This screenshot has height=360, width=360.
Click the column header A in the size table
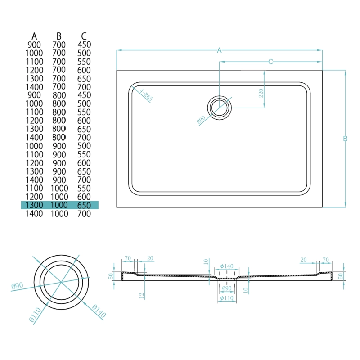coord(34,36)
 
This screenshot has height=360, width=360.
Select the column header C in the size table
coord(84,36)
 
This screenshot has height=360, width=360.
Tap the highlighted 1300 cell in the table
coord(34,205)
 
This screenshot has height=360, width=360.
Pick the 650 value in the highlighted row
coord(84,205)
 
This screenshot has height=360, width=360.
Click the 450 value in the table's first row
coord(84,45)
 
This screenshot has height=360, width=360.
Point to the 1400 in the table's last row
coord(34,214)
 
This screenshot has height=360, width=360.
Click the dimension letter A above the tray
coord(220,51)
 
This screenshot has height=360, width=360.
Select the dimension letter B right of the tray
coord(345,139)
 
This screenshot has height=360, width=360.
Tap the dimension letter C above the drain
coord(271,62)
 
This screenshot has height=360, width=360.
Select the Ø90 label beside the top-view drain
coord(201,120)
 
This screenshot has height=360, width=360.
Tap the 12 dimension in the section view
coord(141,295)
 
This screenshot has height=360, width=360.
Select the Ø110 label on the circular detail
coord(34,314)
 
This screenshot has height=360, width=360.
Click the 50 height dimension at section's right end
coord(340,275)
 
